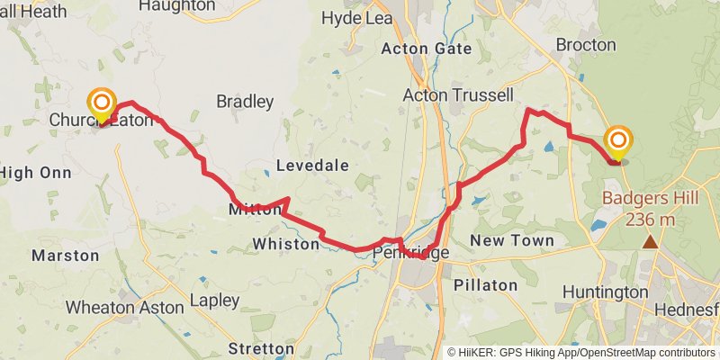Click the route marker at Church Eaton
[x=102, y=104]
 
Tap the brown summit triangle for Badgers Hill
[x=650, y=241]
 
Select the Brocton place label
[x=586, y=44]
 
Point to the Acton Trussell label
[x=457, y=94]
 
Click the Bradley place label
[x=244, y=102]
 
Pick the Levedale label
[x=310, y=166]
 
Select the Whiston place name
[x=286, y=244]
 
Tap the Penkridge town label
[x=410, y=255]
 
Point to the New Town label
[x=512, y=240]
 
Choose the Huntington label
[x=605, y=292]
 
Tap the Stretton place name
[x=261, y=347]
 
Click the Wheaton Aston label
[x=125, y=307]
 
